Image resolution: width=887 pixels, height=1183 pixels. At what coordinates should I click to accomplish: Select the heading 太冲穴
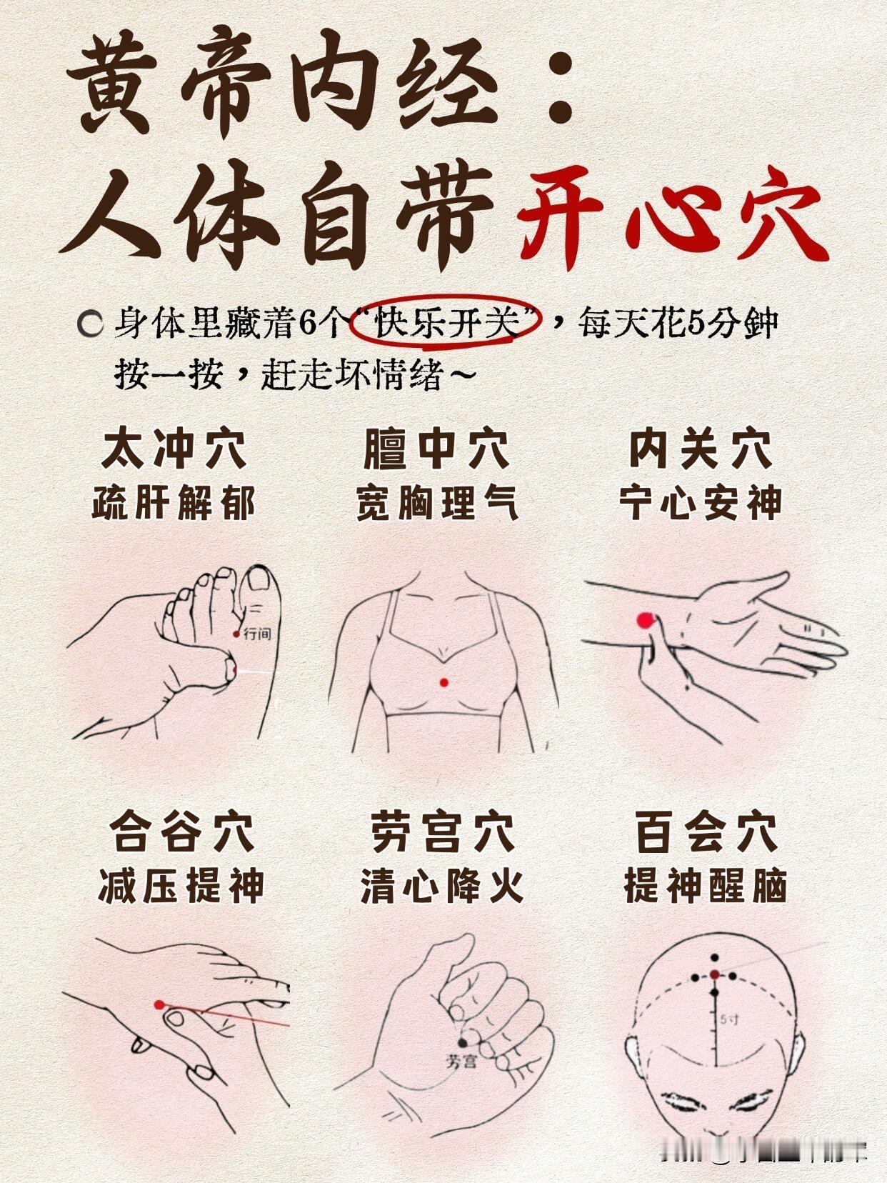coord(174,449)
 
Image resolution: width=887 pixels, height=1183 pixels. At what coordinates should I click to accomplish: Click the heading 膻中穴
coord(436,449)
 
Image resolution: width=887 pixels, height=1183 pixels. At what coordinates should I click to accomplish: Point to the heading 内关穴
coord(701,449)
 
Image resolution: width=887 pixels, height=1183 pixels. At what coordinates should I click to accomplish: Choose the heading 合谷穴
coord(181,832)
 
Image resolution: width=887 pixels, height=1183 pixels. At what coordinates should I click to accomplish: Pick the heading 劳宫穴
coord(442,832)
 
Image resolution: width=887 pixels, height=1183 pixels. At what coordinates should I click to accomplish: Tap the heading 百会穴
coord(706,832)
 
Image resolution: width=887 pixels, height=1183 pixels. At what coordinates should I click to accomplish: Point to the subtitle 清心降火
coord(442,886)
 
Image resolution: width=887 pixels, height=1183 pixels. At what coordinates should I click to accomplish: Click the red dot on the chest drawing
coord(444,682)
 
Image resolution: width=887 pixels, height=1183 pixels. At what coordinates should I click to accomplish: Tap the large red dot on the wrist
coord(645,620)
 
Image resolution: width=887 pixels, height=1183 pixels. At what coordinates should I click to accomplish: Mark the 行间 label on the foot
coord(257,633)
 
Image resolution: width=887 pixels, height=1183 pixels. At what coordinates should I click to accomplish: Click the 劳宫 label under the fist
coord(461,1062)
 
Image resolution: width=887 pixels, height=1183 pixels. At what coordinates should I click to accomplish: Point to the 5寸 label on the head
coord(730,1020)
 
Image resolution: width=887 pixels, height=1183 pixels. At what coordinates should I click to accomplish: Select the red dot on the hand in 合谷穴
coord(159,1004)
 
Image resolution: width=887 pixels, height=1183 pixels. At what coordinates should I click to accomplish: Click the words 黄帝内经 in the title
coord(286,82)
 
